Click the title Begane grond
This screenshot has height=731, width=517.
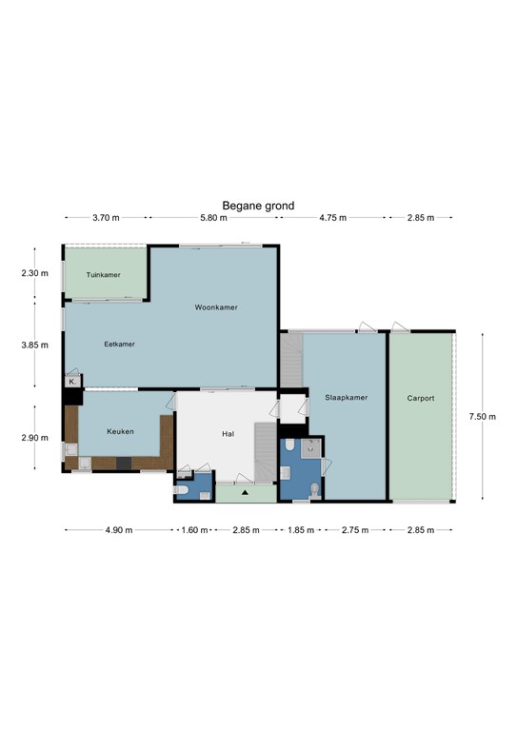(258, 206)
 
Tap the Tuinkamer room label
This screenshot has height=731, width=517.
(104, 274)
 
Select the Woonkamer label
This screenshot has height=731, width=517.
(216, 307)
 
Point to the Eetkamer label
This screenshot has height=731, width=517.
(119, 344)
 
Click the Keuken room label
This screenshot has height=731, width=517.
(120, 431)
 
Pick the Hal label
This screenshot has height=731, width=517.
(228, 434)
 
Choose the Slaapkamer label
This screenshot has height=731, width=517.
(347, 397)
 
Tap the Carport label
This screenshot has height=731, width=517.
(421, 398)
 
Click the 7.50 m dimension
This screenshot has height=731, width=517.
(483, 416)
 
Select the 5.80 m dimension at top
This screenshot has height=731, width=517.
(213, 218)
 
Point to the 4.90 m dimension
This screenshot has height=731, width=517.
(119, 530)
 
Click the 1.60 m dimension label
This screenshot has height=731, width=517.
(194, 530)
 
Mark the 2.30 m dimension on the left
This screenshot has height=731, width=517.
(34, 273)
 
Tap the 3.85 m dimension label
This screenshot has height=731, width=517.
(34, 345)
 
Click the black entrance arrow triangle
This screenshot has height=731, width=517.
(245, 492)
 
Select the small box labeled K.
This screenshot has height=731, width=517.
(73, 382)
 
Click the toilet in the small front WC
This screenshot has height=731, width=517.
(180, 490)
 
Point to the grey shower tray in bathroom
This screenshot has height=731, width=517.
(311, 448)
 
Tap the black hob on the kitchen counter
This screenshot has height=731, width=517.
(124, 463)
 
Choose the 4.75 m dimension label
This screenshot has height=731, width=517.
(333, 218)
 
